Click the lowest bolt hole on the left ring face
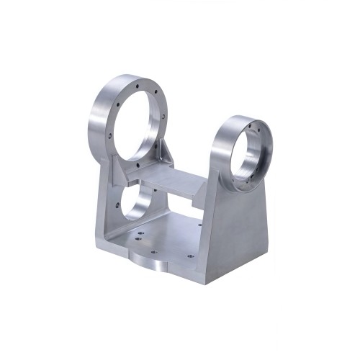tap(136, 167)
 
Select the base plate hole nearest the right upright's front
tap(190, 256)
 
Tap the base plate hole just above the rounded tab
tap(153, 251)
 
